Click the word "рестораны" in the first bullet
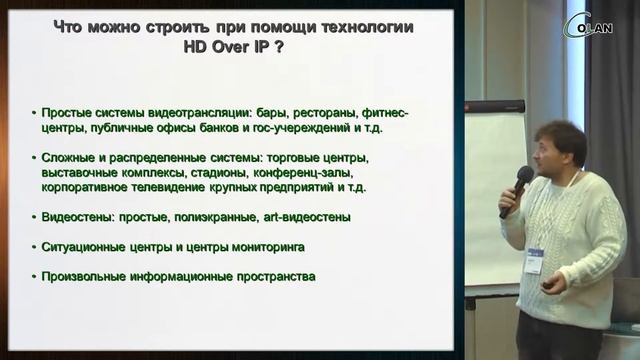pos(323,113)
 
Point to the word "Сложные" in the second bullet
pos(70,158)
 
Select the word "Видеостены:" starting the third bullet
pos(80,216)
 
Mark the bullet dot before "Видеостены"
pos(35,217)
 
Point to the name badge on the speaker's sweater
pos(534,257)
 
